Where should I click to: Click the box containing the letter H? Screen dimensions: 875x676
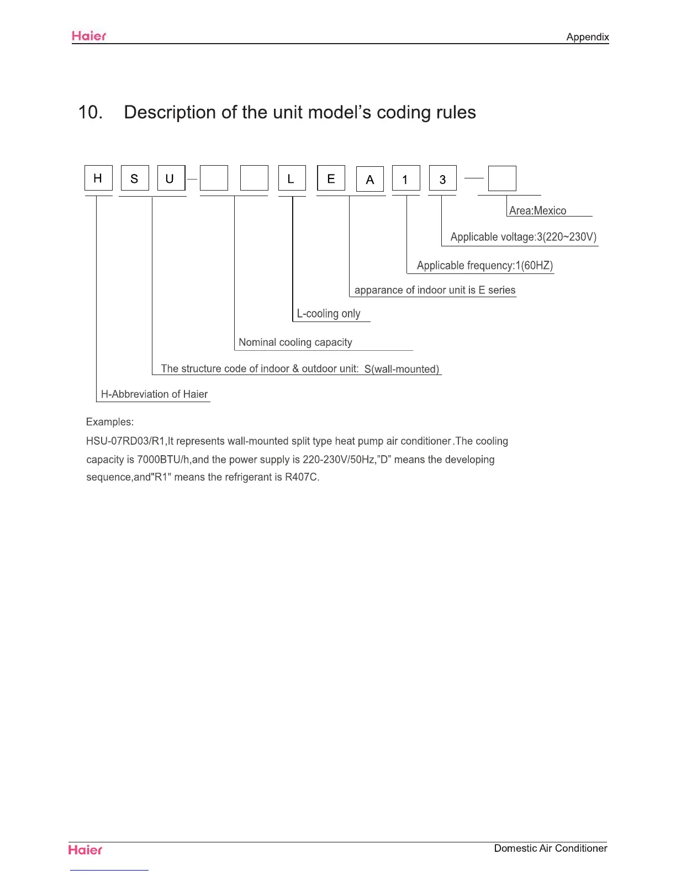98,178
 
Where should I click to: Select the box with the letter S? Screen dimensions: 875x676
135,178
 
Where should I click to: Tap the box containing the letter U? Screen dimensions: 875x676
171,178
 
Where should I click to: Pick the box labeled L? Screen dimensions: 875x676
292,178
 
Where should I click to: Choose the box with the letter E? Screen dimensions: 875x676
331,178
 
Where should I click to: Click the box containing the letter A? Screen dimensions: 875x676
370,179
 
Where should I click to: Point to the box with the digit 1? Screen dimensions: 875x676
406,179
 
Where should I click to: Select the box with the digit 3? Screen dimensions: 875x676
442,179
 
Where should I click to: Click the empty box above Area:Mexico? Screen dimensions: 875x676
502,178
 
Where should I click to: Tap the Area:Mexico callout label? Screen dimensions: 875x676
537,210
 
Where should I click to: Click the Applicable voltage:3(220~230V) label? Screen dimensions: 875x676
523,237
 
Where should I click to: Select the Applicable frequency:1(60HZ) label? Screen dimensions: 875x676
484,265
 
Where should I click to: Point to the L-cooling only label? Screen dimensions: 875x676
329,314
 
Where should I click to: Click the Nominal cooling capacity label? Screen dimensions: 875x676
295,342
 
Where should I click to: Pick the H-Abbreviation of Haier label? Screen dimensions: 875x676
154,394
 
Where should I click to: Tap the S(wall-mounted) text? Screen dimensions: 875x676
402,369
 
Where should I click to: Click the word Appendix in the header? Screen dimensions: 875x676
587,37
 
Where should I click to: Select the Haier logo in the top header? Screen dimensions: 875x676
89,36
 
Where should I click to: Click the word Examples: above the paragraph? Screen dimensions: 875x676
110,422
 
